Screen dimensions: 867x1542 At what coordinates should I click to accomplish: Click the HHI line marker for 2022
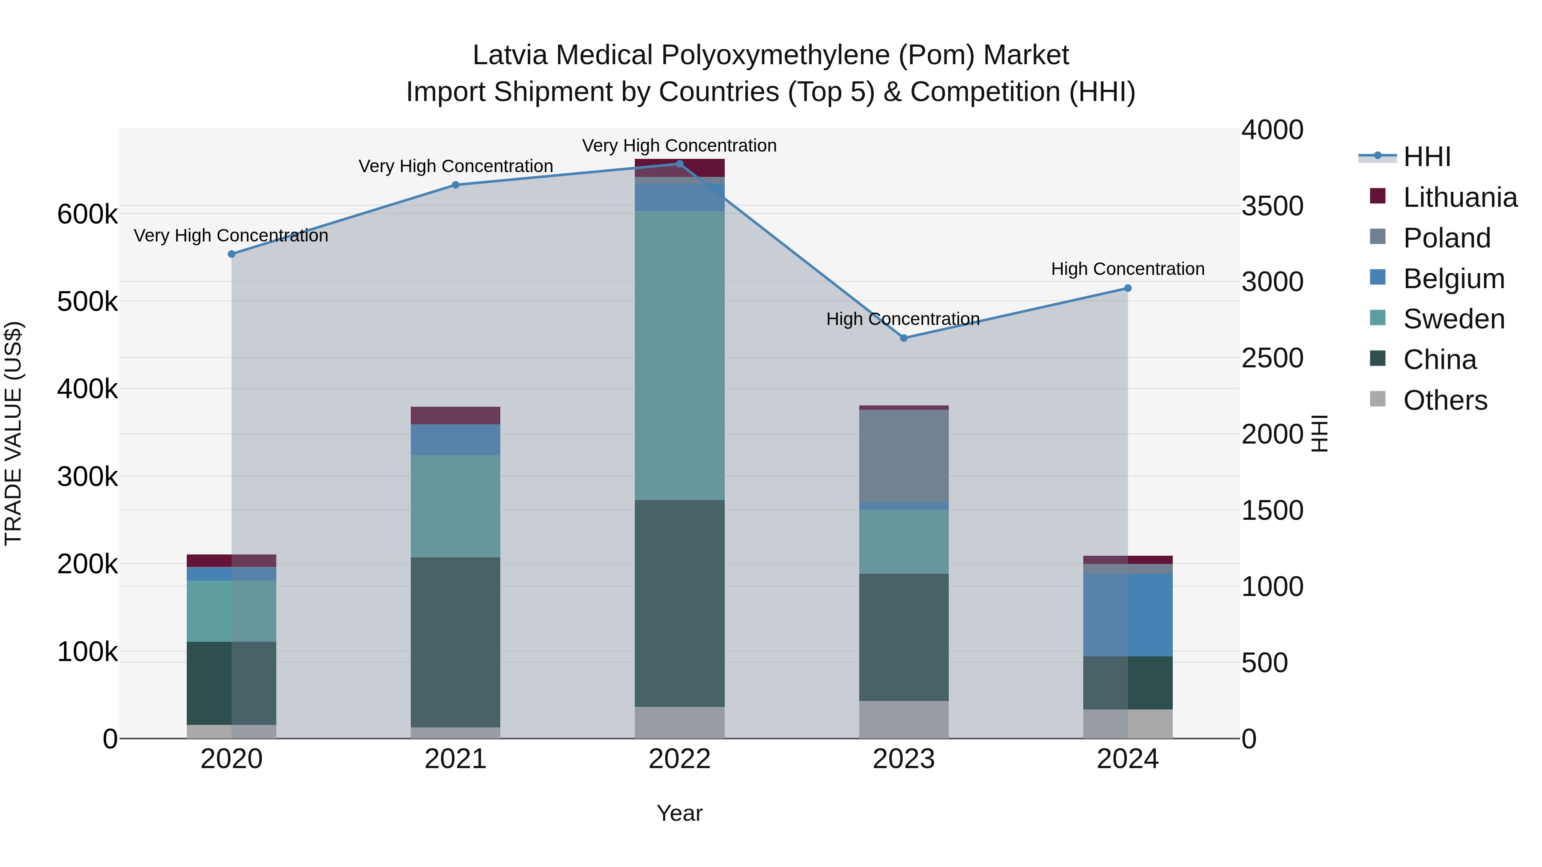[679, 164]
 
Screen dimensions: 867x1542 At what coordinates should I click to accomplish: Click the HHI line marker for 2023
[904, 338]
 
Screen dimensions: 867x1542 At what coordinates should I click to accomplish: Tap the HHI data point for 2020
[232, 254]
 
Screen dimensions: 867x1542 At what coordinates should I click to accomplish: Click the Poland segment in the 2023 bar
[904, 456]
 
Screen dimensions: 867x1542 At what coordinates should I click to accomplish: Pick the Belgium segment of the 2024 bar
[1128, 615]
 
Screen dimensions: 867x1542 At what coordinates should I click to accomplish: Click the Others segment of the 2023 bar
[904, 719]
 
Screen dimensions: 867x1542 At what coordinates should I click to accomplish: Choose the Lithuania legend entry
[1459, 197]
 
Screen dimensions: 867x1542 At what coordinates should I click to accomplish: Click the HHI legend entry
[1426, 157]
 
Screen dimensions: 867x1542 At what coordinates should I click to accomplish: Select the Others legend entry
[1444, 400]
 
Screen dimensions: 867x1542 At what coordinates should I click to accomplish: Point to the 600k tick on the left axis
[87, 214]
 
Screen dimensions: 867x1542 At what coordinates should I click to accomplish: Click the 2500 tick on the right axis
[1272, 358]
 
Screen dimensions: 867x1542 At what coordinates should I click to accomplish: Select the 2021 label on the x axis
[456, 759]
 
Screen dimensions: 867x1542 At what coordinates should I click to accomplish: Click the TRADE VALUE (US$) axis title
[13, 433]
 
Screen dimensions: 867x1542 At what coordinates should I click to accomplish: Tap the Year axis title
[679, 813]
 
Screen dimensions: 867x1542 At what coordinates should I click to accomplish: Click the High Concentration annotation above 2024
[1128, 269]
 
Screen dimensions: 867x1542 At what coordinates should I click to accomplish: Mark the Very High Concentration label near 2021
[456, 167]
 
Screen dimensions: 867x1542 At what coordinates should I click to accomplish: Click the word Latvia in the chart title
[510, 56]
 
